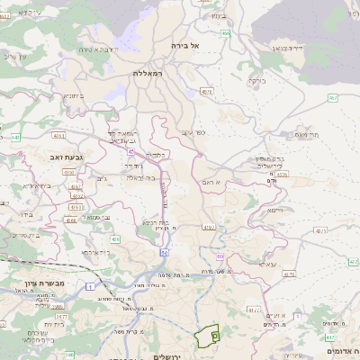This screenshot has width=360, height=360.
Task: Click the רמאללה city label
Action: (x=150, y=72)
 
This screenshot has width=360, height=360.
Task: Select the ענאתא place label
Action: (x=266, y=265)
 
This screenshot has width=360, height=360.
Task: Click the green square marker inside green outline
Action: (x=214, y=334)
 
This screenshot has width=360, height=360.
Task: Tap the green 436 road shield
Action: (x=116, y=239)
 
